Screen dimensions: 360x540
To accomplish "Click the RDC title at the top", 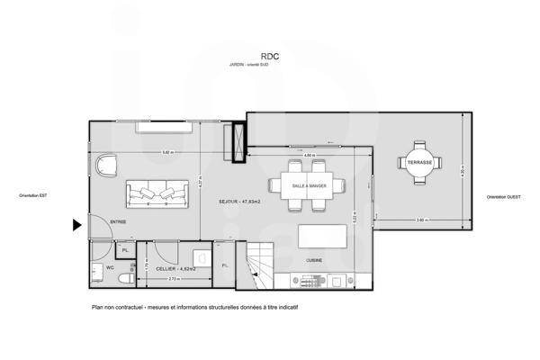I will (x=270, y=54).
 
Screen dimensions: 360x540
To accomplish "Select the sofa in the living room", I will (x=157, y=193).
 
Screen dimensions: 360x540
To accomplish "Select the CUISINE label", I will (x=313, y=261).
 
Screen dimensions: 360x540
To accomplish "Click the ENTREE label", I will (x=118, y=221).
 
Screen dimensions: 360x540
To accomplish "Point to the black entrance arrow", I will (x=77, y=226).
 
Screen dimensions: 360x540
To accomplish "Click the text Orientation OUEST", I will (x=505, y=197).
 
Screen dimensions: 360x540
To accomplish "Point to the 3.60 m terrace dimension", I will (x=420, y=220).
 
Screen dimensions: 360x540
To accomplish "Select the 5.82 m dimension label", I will (x=167, y=152).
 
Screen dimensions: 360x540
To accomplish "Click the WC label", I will (x=109, y=267).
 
